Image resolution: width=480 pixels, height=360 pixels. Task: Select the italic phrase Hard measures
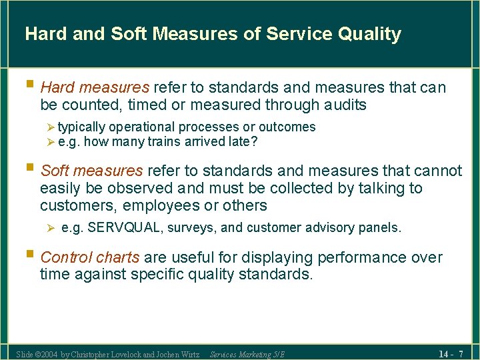[x=95, y=87]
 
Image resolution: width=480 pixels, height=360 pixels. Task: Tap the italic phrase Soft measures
[x=91, y=171]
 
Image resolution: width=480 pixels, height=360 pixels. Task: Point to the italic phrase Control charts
[x=90, y=257]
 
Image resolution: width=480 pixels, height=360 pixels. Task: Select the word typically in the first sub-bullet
[x=81, y=127]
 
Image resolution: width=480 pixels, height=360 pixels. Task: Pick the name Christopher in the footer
[x=94, y=354]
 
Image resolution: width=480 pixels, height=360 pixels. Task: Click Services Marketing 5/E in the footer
[x=247, y=354]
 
